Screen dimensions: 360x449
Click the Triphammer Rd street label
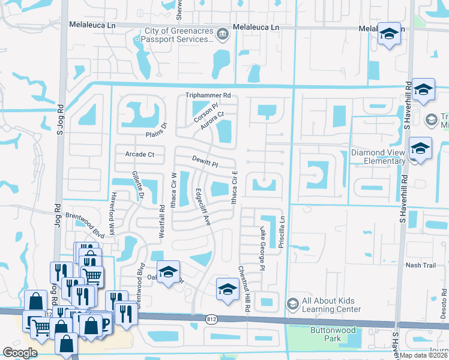(208, 95)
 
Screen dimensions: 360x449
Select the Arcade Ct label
(140, 154)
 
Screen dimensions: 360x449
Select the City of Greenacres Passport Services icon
(222, 34)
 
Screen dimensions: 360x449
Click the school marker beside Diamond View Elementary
(419, 149)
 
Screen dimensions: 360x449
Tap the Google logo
(20, 353)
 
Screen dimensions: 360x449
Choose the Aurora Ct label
(212, 122)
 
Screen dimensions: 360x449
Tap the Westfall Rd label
(161, 223)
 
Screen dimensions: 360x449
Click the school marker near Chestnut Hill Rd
(228, 290)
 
